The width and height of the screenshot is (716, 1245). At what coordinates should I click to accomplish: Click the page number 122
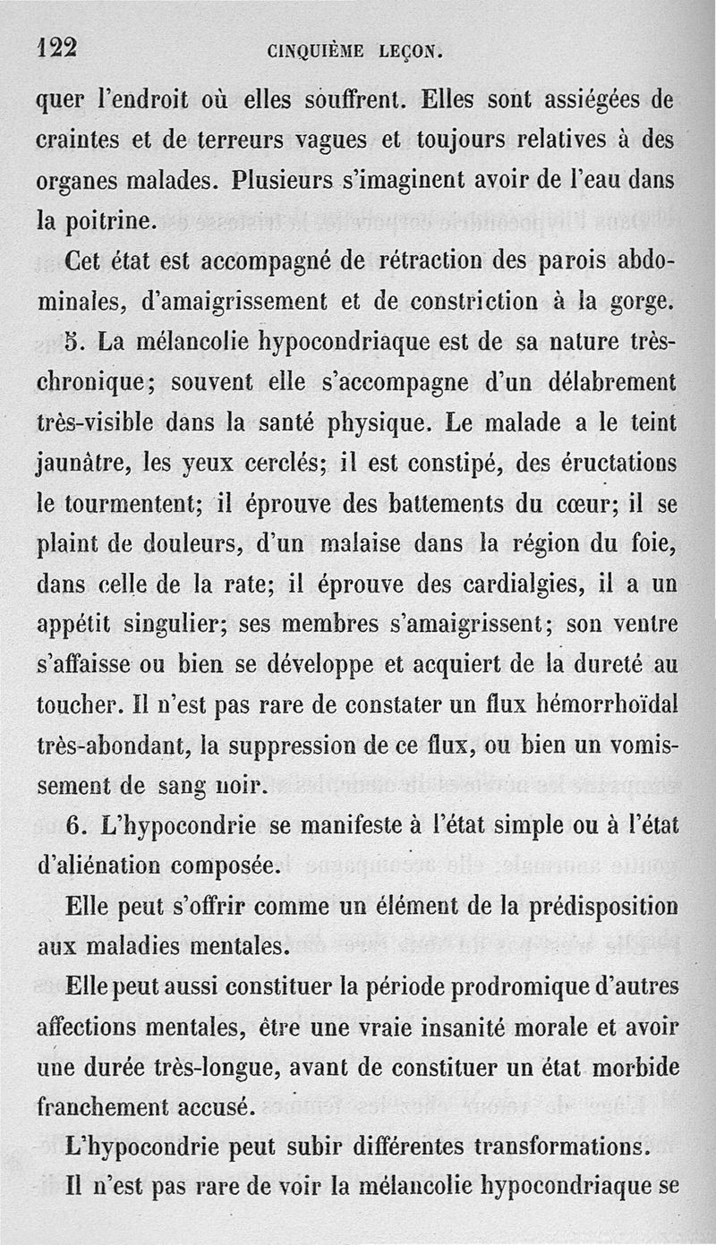coord(56,48)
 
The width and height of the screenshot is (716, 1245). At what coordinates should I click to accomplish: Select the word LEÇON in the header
coord(409,52)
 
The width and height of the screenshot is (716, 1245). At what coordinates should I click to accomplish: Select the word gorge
coord(643,303)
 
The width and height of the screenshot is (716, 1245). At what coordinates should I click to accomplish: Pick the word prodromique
coord(519,987)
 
